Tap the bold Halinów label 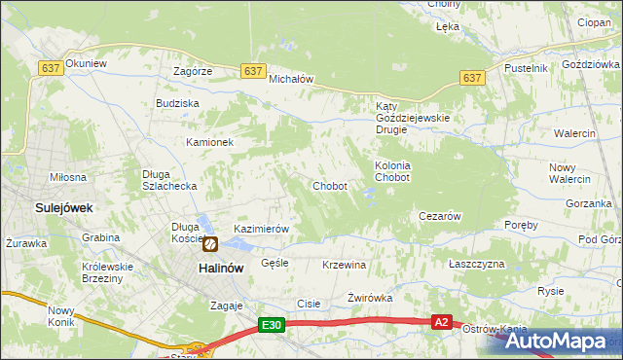(x=220, y=269)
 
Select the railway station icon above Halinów (x=209, y=242)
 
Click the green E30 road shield (x=272, y=326)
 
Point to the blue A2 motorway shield (x=442, y=322)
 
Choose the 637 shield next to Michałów (x=253, y=71)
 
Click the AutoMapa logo (x=558, y=341)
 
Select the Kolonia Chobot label (x=392, y=172)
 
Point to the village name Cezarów (x=438, y=216)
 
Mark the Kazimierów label (x=262, y=230)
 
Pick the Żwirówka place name (x=369, y=298)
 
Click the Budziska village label (x=177, y=103)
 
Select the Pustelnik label (x=527, y=68)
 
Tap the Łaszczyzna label (x=477, y=265)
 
